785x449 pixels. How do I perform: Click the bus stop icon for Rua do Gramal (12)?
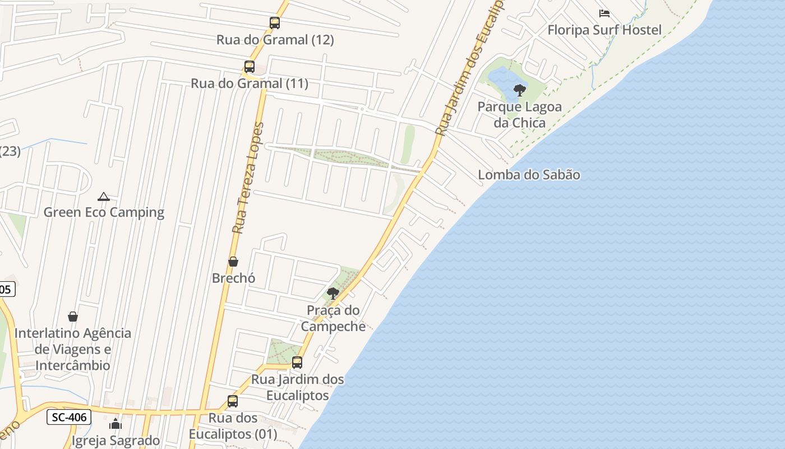[x=275, y=23]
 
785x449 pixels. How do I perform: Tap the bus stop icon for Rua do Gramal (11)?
[x=250, y=67]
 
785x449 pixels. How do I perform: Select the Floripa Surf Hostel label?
[x=604, y=30]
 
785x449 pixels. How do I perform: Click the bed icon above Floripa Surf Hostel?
[x=604, y=13]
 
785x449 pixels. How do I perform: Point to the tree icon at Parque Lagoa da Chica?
[x=520, y=90]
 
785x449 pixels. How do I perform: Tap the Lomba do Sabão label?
[x=529, y=175]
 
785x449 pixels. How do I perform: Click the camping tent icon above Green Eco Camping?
[x=103, y=196]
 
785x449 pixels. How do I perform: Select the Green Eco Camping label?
[x=104, y=212]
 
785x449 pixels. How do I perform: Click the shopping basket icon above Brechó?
[x=233, y=262]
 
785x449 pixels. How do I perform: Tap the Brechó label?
[x=233, y=278]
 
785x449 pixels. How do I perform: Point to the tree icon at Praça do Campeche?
[x=333, y=293]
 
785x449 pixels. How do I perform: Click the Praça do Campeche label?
[x=333, y=318]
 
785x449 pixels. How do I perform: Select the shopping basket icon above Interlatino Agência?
[x=73, y=317]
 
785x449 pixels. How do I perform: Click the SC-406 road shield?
[x=68, y=417]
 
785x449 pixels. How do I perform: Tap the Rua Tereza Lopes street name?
[x=247, y=177]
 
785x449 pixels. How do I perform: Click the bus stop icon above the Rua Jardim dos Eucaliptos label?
[x=297, y=363]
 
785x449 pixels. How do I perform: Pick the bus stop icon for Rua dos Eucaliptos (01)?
[x=233, y=401]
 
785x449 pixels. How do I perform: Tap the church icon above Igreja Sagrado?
[x=116, y=424]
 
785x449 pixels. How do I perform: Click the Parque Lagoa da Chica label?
[x=511, y=114]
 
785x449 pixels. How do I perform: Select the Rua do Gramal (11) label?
[x=250, y=84]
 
